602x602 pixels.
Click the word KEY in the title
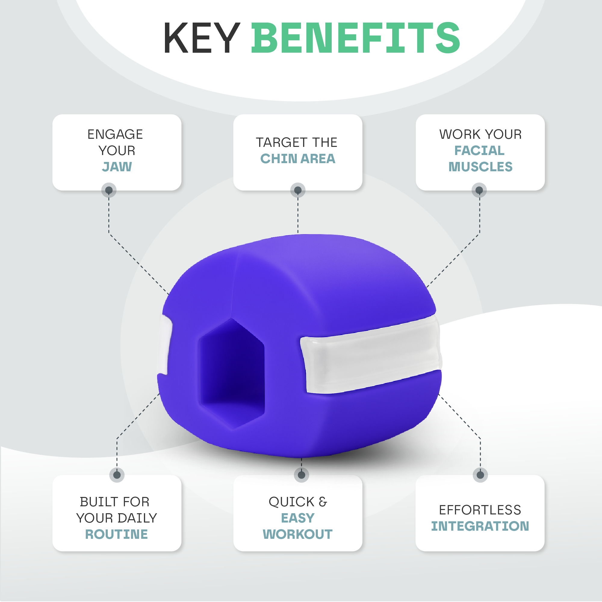(x=202, y=38)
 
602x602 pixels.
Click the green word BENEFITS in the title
(x=355, y=38)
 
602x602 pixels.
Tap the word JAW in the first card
(x=117, y=167)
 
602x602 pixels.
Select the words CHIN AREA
(x=298, y=159)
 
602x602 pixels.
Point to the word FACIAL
(x=479, y=150)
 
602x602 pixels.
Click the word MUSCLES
(x=480, y=167)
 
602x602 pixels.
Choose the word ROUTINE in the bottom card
(x=116, y=534)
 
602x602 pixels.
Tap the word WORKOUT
(x=298, y=534)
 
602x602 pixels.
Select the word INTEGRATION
(x=480, y=526)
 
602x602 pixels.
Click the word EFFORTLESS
(x=480, y=510)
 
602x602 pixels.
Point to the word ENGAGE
(x=115, y=134)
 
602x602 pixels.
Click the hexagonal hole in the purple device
(x=232, y=373)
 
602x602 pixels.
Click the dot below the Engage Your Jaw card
(x=109, y=190)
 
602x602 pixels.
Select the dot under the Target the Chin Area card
(x=298, y=190)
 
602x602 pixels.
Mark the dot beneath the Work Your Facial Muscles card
(x=479, y=190)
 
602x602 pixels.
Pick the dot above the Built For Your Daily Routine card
(x=117, y=475)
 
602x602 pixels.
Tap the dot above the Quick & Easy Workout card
(x=301, y=475)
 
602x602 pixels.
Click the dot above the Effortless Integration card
(x=480, y=475)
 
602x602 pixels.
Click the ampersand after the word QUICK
(x=323, y=502)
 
